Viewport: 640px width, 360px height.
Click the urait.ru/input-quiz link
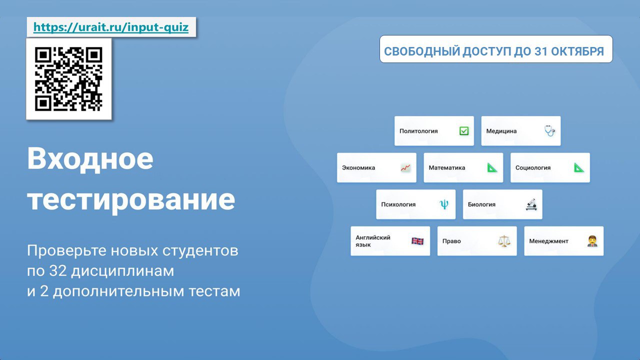(111, 27)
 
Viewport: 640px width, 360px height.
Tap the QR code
(68, 79)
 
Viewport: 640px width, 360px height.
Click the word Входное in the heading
(90, 159)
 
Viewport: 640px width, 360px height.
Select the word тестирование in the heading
(131, 199)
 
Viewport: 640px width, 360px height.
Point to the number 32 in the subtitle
(58, 270)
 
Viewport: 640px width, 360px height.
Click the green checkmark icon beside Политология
(464, 131)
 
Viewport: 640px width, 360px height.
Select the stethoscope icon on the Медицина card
(549, 131)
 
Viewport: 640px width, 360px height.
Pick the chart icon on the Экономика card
(405, 167)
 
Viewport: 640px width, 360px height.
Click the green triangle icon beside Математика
(492, 167)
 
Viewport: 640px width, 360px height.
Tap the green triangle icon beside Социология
(579, 167)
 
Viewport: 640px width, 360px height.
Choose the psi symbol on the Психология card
(444, 204)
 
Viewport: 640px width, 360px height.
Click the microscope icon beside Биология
(531, 204)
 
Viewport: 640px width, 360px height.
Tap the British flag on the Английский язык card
(417, 241)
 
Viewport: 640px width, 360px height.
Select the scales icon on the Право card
(504, 241)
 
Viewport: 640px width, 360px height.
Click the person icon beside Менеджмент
(592, 241)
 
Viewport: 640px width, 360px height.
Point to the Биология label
(481, 204)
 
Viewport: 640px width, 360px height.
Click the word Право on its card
(451, 241)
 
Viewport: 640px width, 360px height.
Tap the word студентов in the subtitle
(200, 250)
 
